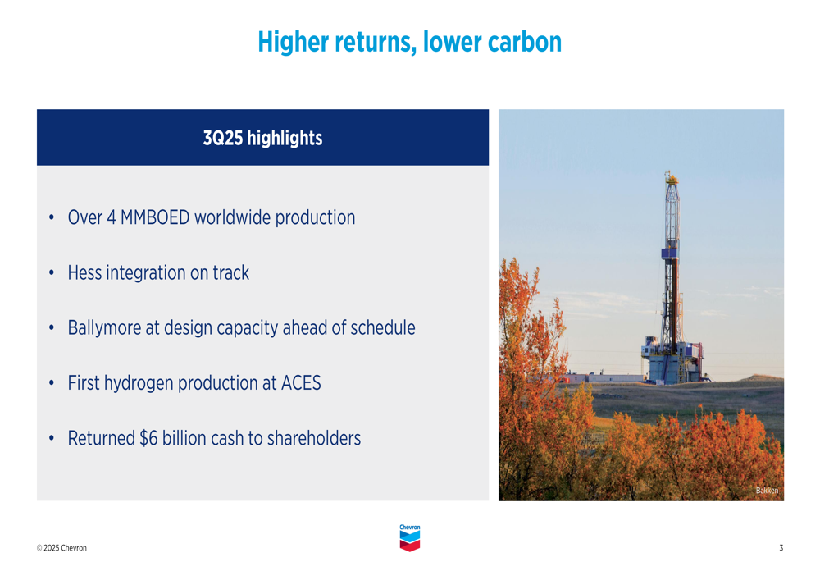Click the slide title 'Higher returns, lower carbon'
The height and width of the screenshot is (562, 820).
(409, 42)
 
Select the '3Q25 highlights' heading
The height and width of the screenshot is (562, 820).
(262, 138)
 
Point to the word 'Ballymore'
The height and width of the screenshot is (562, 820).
(104, 328)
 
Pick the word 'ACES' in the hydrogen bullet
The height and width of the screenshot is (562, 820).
(302, 383)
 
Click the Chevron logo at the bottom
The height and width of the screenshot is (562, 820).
(409, 538)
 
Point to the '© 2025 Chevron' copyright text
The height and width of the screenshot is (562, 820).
(61, 548)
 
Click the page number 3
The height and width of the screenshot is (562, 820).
(781, 548)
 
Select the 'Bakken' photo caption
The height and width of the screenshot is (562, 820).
(767, 491)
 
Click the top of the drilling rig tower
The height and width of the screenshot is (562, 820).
(672, 176)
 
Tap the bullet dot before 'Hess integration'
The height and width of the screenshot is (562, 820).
(51, 273)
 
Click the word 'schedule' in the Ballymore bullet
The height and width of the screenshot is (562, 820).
(383, 328)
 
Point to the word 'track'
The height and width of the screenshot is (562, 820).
(231, 273)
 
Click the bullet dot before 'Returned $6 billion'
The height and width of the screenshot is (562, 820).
(51, 438)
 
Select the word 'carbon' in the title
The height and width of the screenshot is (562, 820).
(525, 42)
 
